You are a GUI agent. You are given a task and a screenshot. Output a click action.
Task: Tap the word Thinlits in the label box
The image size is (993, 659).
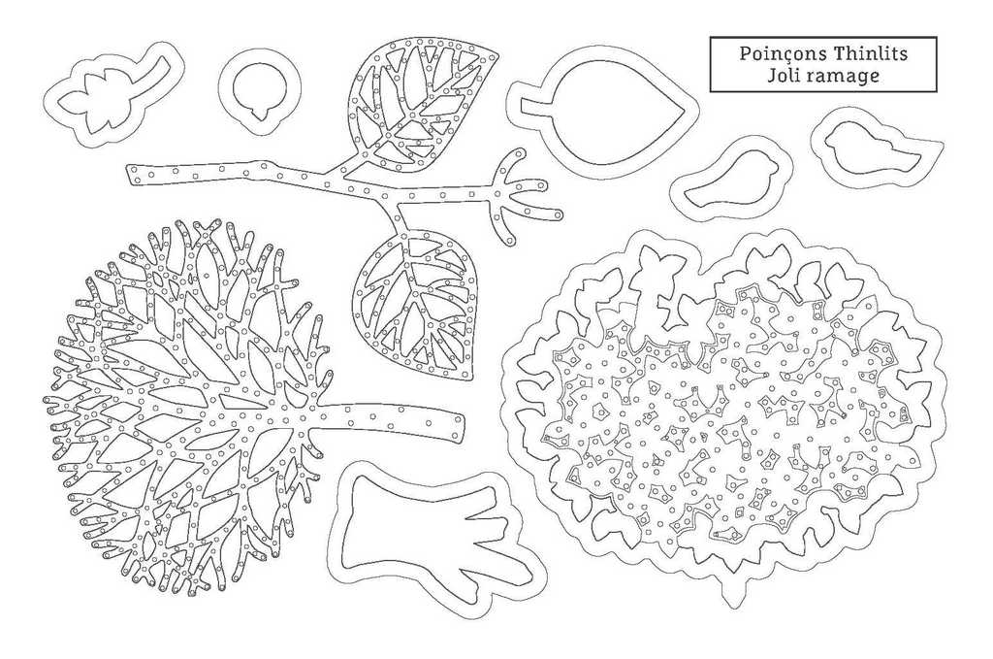click(x=870, y=52)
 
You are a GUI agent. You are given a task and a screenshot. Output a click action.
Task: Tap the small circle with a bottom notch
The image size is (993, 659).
click(x=260, y=90)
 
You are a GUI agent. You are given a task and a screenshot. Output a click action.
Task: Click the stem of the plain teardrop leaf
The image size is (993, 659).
click(x=535, y=109)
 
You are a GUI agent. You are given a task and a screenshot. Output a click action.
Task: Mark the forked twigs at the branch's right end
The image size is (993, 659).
click(x=521, y=190)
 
